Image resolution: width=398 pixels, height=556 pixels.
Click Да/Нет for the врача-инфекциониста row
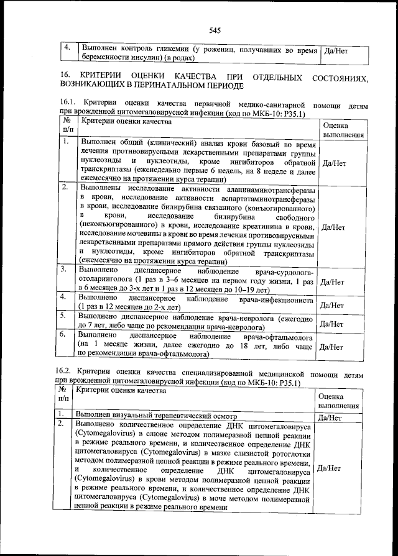pos(331,306)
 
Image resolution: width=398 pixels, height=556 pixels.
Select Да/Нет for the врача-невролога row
pos(331,324)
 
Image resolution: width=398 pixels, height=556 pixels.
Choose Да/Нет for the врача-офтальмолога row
pos(331,347)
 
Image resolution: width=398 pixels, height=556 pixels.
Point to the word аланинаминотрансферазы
pos(267,188)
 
